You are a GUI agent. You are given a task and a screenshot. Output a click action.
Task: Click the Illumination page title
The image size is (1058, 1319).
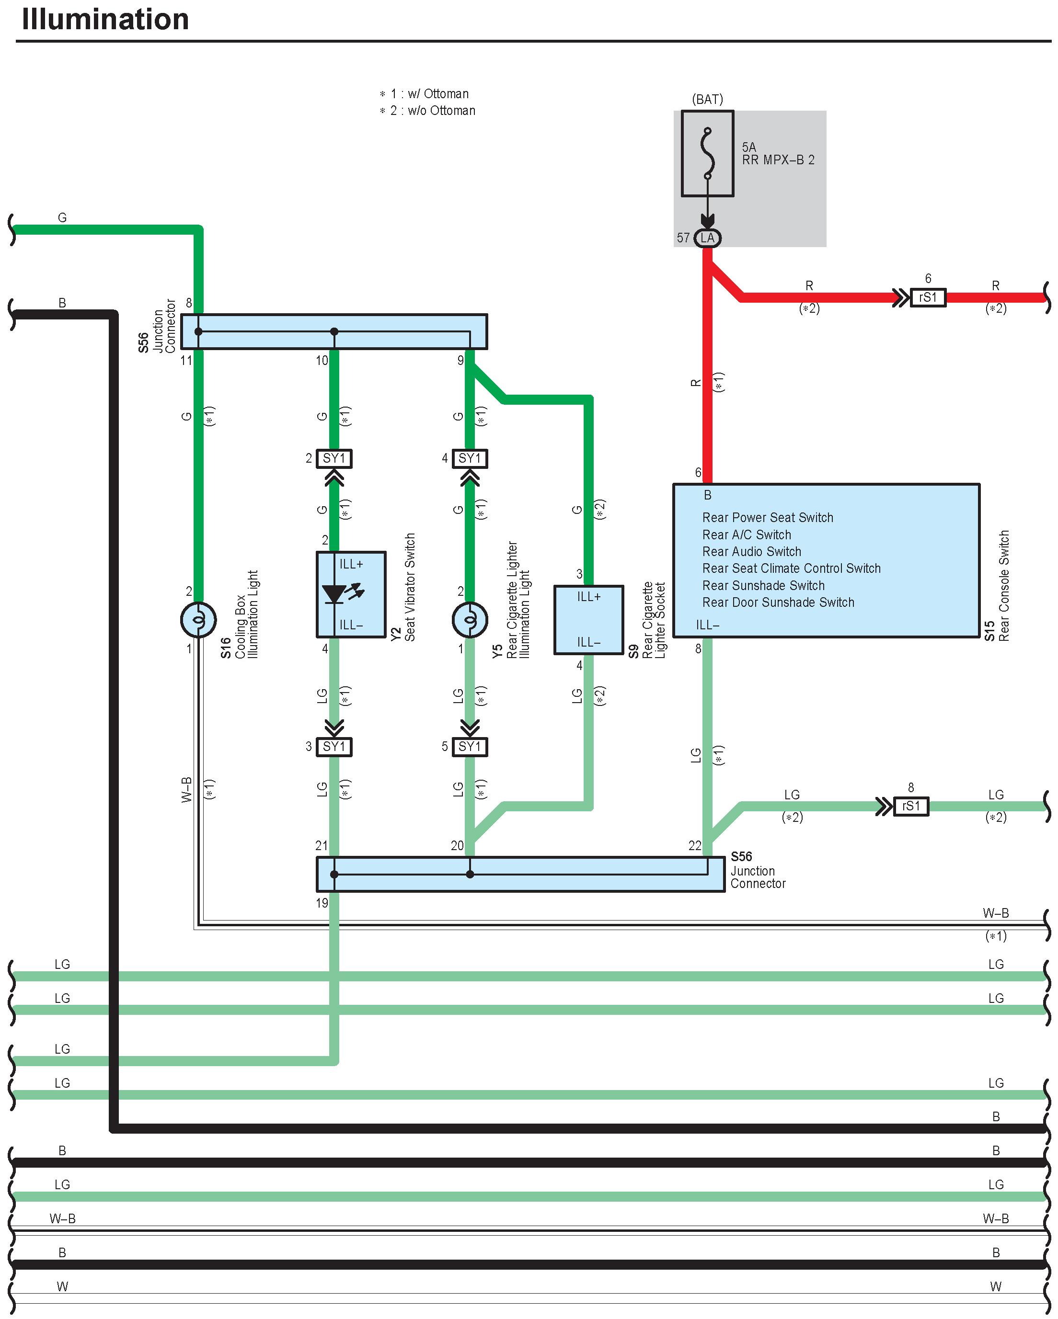[x=105, y=19]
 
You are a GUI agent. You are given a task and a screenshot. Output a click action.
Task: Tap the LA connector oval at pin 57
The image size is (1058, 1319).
[x=707, y=238]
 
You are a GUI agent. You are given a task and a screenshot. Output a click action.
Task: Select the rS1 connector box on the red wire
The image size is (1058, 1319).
[x=928, y=297]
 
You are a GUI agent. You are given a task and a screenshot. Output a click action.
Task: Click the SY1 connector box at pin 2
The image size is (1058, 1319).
[x=334, y=458]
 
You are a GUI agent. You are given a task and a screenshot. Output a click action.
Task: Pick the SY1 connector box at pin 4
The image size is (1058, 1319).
[x=470, y=458]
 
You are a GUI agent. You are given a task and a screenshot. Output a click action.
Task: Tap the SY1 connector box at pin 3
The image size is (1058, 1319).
[x=334, y=746]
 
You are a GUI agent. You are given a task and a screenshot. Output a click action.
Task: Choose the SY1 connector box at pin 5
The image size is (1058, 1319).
[x=470, y=746]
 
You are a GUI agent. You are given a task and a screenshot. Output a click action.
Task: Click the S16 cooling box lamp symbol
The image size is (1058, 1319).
[x=198, y=620]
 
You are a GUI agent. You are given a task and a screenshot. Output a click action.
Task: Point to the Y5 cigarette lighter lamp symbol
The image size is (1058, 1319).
[x=470, y=620]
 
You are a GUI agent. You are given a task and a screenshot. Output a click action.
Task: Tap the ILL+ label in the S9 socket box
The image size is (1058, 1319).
[x=589, y=596]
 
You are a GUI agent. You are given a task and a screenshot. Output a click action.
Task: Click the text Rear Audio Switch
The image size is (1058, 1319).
[x=751, y=551]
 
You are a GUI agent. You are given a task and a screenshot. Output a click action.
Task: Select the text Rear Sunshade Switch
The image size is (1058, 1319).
[x=763, y=585]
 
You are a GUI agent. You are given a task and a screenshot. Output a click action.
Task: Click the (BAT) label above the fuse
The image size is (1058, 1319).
[x=707, y=99]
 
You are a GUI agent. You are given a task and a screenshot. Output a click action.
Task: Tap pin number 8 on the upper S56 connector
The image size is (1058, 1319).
[x=189, y=303]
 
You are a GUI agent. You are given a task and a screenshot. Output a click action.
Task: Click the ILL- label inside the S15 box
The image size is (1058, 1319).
[x=707, y=625]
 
